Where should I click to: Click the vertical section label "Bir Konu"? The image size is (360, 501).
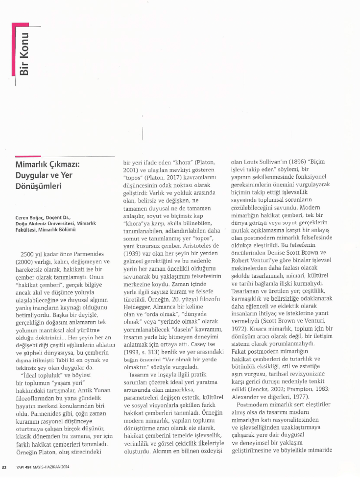pyautogui.click(x=24, y=53)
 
